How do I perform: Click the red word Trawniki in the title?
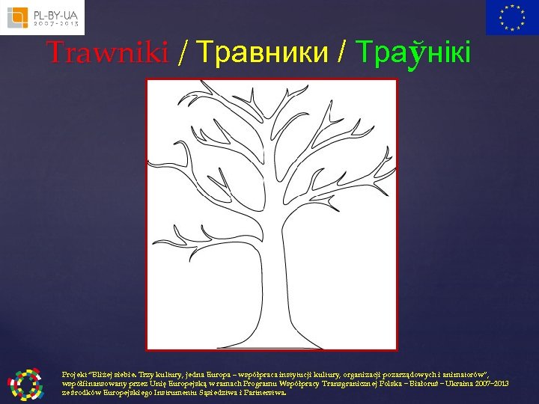click(x=107, y=52)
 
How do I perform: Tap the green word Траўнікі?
click(x=414, y=52)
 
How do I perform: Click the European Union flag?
click(x=511, y=17)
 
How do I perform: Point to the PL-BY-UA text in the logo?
click(x=56, y=13)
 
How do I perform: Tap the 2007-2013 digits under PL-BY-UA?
click(x=56, y=24)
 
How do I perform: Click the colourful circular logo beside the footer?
click(x=25, y=383)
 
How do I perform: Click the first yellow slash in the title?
click(x=183, y=53)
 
